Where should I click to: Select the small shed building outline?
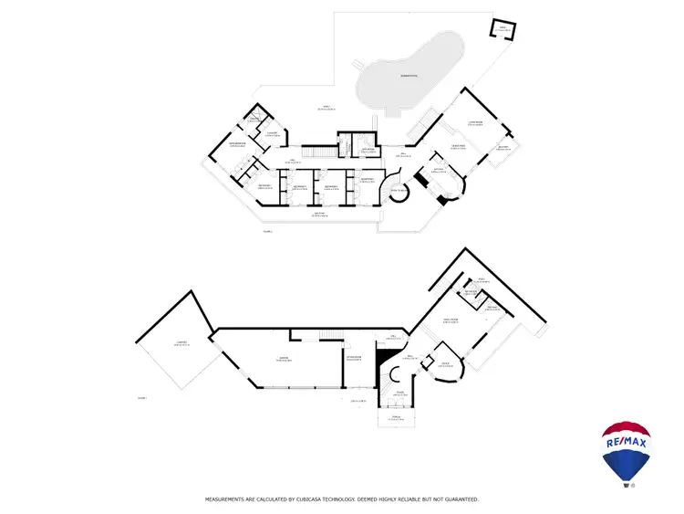click(x=503, y=31)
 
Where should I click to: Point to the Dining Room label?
click(x=457, y=145)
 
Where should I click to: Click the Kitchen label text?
click(x=438, y=170)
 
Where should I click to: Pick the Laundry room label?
click(x=271, y=134)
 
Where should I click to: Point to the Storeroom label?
click(x=353, y=356)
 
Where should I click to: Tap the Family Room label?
click(x=450, y=320)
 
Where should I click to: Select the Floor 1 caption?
click(x=141, y=399)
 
